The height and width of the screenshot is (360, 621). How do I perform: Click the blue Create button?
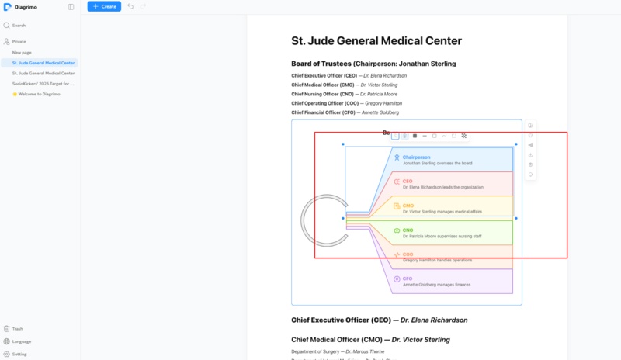coord(104,6)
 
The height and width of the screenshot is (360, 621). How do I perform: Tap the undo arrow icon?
coord(130,6)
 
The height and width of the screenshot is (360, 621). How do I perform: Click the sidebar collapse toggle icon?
coord(71,6)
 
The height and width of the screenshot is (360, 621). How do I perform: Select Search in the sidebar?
coord(19,26)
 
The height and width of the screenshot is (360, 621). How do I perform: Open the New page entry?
coord(22,52)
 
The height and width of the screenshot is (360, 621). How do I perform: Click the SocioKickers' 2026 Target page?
coord(43,83)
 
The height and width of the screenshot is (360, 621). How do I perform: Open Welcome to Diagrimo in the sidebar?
coord(39,94)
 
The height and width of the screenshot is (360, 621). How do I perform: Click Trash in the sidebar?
coord(18,328)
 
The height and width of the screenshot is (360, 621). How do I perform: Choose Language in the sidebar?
coord(22,341)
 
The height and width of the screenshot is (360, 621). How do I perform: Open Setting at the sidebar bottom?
coord(19,354)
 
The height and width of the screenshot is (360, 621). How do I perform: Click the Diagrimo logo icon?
coord(7,6)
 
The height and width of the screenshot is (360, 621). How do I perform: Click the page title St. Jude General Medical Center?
coord(376,41)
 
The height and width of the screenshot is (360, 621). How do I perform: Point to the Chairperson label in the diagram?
coord(416,157)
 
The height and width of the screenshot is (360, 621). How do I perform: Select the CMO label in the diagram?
coord(408,206)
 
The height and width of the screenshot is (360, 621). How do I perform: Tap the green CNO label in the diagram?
coord(408,230)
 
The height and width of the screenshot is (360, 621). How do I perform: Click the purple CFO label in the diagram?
coord(408,279)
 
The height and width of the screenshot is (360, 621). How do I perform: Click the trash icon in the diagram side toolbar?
coord(530,164)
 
